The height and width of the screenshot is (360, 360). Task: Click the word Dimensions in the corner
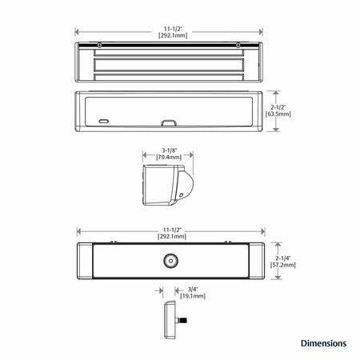tap(323, 343)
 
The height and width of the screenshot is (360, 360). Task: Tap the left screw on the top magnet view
tap(99, 46)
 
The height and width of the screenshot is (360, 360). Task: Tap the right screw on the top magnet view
tap(238, 46)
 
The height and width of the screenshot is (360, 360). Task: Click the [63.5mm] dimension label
tap(278, 114)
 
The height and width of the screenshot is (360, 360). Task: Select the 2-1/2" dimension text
tap(278, 107)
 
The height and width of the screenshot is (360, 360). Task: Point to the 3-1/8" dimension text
tap(170, 150)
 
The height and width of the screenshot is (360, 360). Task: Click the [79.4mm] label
tap(169, 158)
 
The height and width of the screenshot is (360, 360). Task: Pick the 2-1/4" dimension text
tap(283, 258)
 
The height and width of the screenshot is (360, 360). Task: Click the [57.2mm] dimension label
tap(283, 265)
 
